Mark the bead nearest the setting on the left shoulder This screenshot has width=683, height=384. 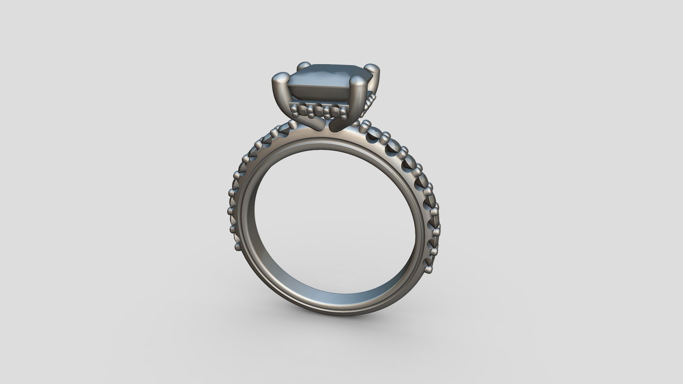coord(292,125)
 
